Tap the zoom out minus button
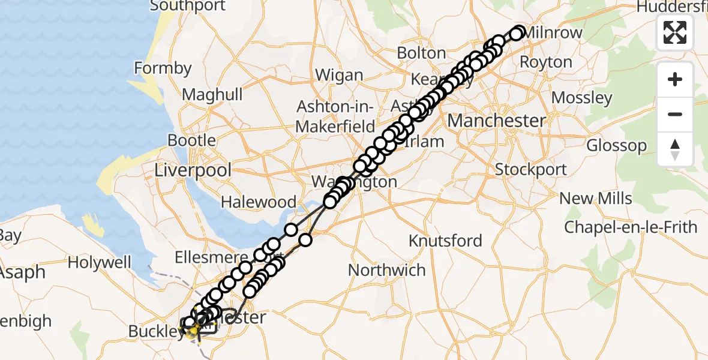(675, 114)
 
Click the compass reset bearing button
(675, 149)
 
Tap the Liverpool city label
(193, 170)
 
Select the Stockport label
(530, 169)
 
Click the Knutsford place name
(445, 241)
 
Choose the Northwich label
(386, 270)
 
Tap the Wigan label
(339, 76)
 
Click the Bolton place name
(421, 53)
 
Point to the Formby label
(162, 68)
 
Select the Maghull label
(212, 94)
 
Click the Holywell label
(99, 262)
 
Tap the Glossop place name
(616, 145)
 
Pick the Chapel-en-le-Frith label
(630, 227)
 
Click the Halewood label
(259, 202)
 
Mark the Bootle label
(192, 140)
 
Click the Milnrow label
(553, 32)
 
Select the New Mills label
(595, 198)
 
